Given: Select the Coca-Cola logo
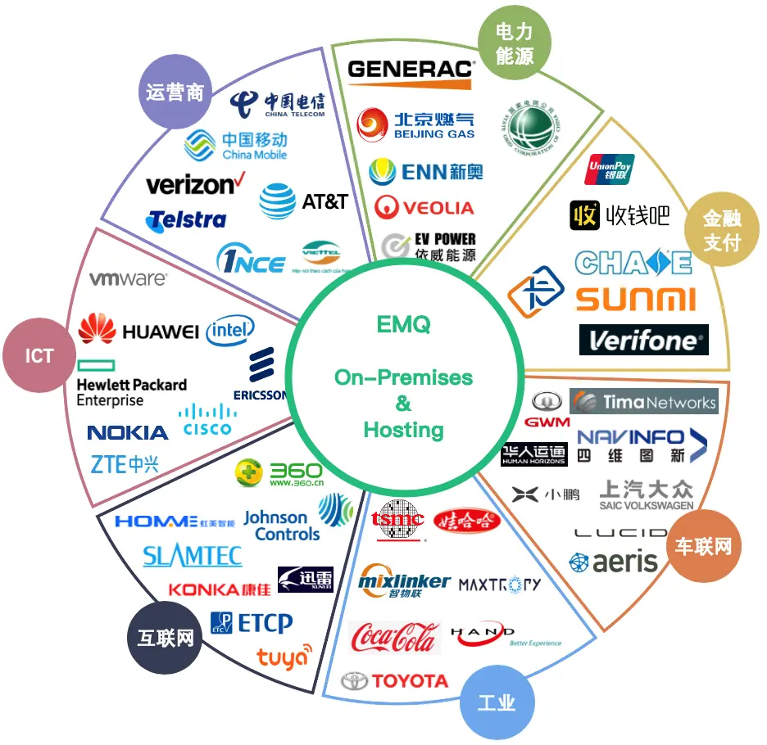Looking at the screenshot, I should (x=393, y=637).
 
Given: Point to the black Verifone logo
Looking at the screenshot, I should (x=643, y=340).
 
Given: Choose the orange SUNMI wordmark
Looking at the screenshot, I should (x=635, y=299).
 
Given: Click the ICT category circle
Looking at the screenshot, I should (x=39, y=356).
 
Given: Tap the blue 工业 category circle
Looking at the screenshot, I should (x=497, y=703).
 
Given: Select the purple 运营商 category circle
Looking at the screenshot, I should (x=175, y=92).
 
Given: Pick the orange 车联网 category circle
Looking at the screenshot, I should (x=702, y=546).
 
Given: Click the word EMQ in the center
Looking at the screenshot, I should (x=403, y=325).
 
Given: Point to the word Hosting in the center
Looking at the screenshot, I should (x=403, y=430).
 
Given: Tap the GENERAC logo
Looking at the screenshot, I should (x=411, y=70).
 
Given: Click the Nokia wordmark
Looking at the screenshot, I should (x=127, y=432).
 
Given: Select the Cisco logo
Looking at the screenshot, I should (x=206, y=418).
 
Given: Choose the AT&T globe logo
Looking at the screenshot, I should (x=278, y=201).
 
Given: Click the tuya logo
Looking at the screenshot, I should (x=284, y=656).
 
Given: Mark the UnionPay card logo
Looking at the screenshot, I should (x=610, y=169).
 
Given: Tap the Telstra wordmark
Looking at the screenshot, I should (x=186, y=220).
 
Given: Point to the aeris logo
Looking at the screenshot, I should (x=614, y=562).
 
